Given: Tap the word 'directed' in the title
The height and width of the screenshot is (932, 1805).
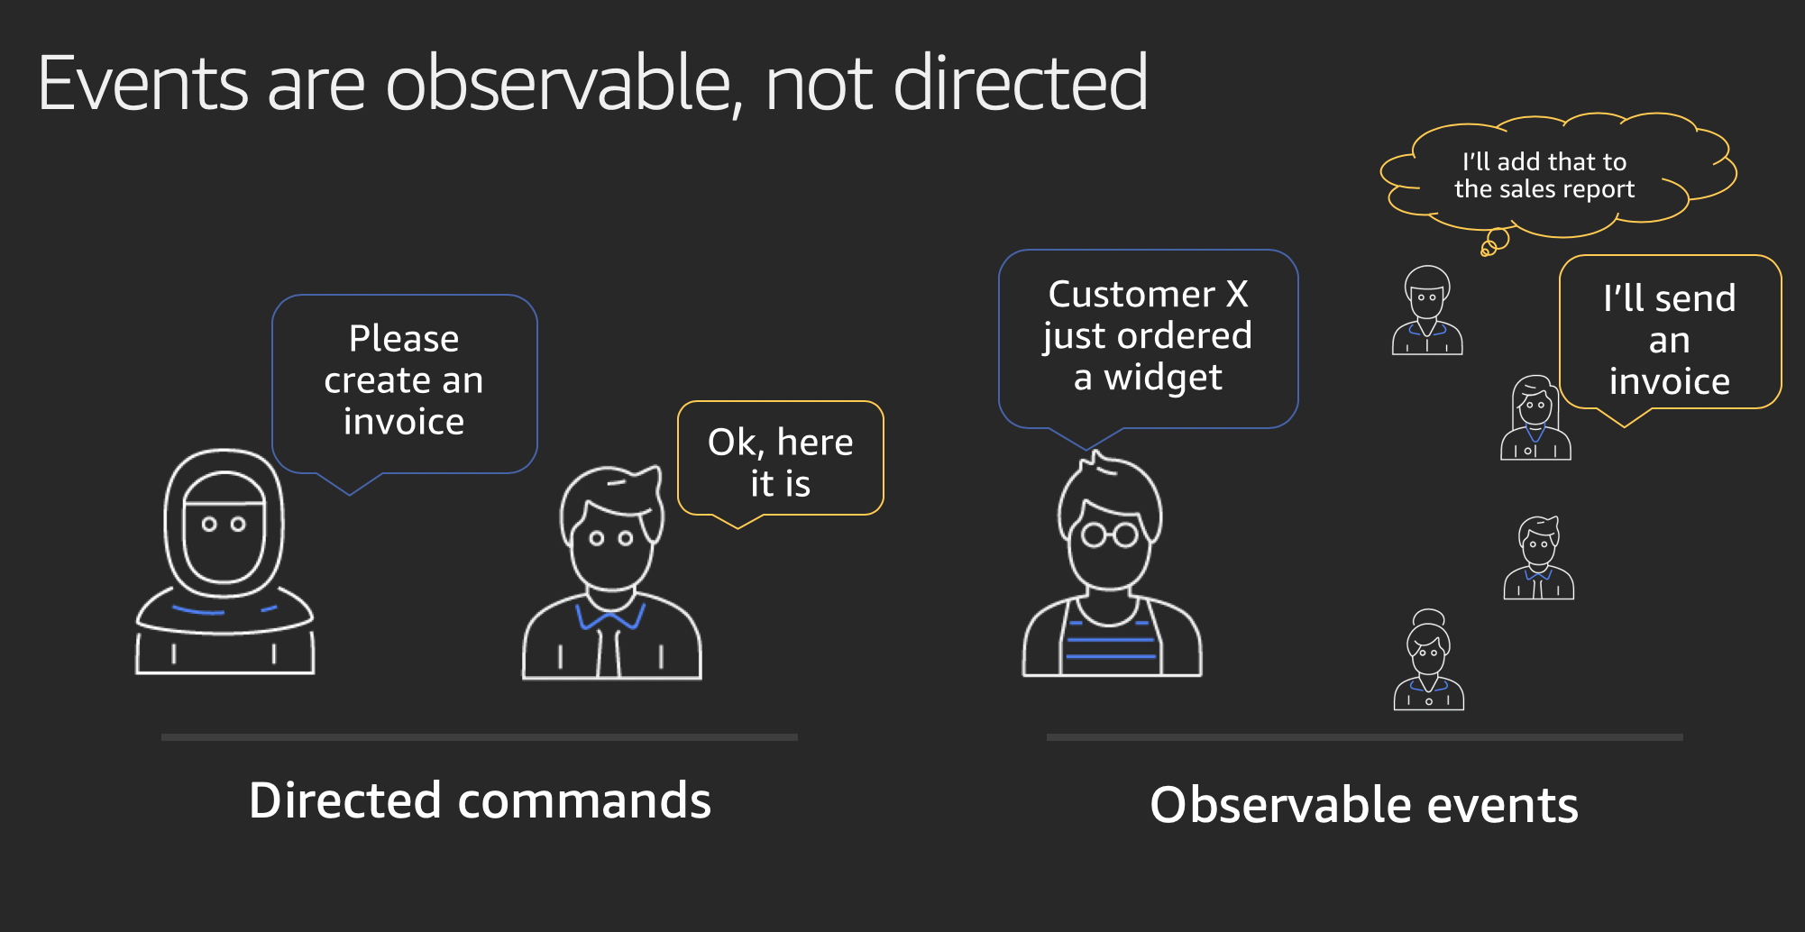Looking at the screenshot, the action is [x=1021, y=82].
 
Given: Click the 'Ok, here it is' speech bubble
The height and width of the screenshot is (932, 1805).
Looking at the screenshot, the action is [x=781, y=461].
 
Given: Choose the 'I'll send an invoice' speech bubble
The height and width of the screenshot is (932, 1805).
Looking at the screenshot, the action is [x=1670, y=335].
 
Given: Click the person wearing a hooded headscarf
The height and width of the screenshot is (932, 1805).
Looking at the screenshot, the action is [x=225, y=562].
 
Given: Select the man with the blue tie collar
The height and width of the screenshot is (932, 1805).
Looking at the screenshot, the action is [x=612, y=573].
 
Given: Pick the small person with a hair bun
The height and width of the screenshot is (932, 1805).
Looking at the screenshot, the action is [x=1429, y=661].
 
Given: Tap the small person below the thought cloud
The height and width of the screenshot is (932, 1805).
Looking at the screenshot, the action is [x=1427, y=311].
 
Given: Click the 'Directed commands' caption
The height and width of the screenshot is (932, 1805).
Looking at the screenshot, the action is [x=480, y=800].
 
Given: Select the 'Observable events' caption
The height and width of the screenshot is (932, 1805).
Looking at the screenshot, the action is [x=1364, y=805].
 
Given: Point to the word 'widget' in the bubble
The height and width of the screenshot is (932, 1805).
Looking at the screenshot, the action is [x=1163, y=378].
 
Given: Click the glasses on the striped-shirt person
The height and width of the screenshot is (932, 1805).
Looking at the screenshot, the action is [x=1110, y=535].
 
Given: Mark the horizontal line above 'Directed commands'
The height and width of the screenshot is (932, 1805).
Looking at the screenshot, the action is [x=480, y=737].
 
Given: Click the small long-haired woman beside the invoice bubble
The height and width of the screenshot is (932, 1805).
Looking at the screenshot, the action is [x=1535, y=418].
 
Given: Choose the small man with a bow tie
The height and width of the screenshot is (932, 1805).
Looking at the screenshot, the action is [x=1539, y=558].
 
